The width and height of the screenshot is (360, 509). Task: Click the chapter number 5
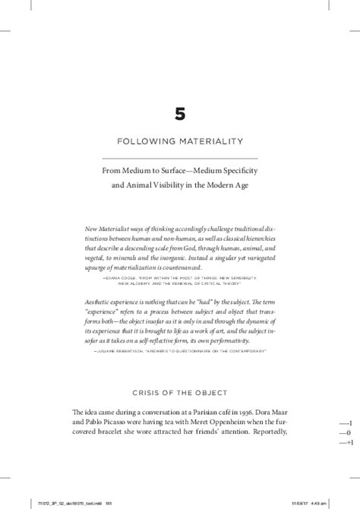coord(179,115)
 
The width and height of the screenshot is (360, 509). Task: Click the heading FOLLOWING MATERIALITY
coord(179,141)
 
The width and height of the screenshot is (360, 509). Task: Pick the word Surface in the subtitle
coord(180,171)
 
